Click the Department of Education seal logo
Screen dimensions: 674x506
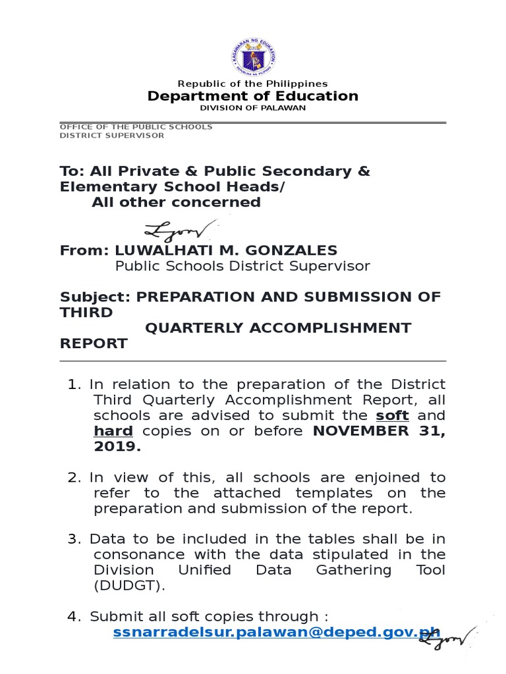coord(252,55)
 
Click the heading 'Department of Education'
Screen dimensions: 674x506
coord(252,96)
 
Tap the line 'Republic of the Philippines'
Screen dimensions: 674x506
coord(252,84)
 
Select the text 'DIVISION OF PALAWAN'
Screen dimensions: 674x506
coord(252,108)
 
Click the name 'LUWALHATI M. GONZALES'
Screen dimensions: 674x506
coord(226,250)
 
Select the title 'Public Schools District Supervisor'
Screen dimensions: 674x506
coord(242,266)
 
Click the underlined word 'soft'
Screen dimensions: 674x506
coord(392,415)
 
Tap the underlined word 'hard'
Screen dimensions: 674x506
coord(113,431)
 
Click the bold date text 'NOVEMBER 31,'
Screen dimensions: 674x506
coord(379,431)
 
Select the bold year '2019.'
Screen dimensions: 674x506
coord(117,447)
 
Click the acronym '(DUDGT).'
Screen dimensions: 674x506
coord(127,586)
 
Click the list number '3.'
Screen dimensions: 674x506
coord(74,538)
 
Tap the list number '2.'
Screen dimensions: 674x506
coord(74,477)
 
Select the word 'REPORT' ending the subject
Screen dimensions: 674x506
coord(94,344)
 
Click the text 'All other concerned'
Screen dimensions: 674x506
coord(176,202)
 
